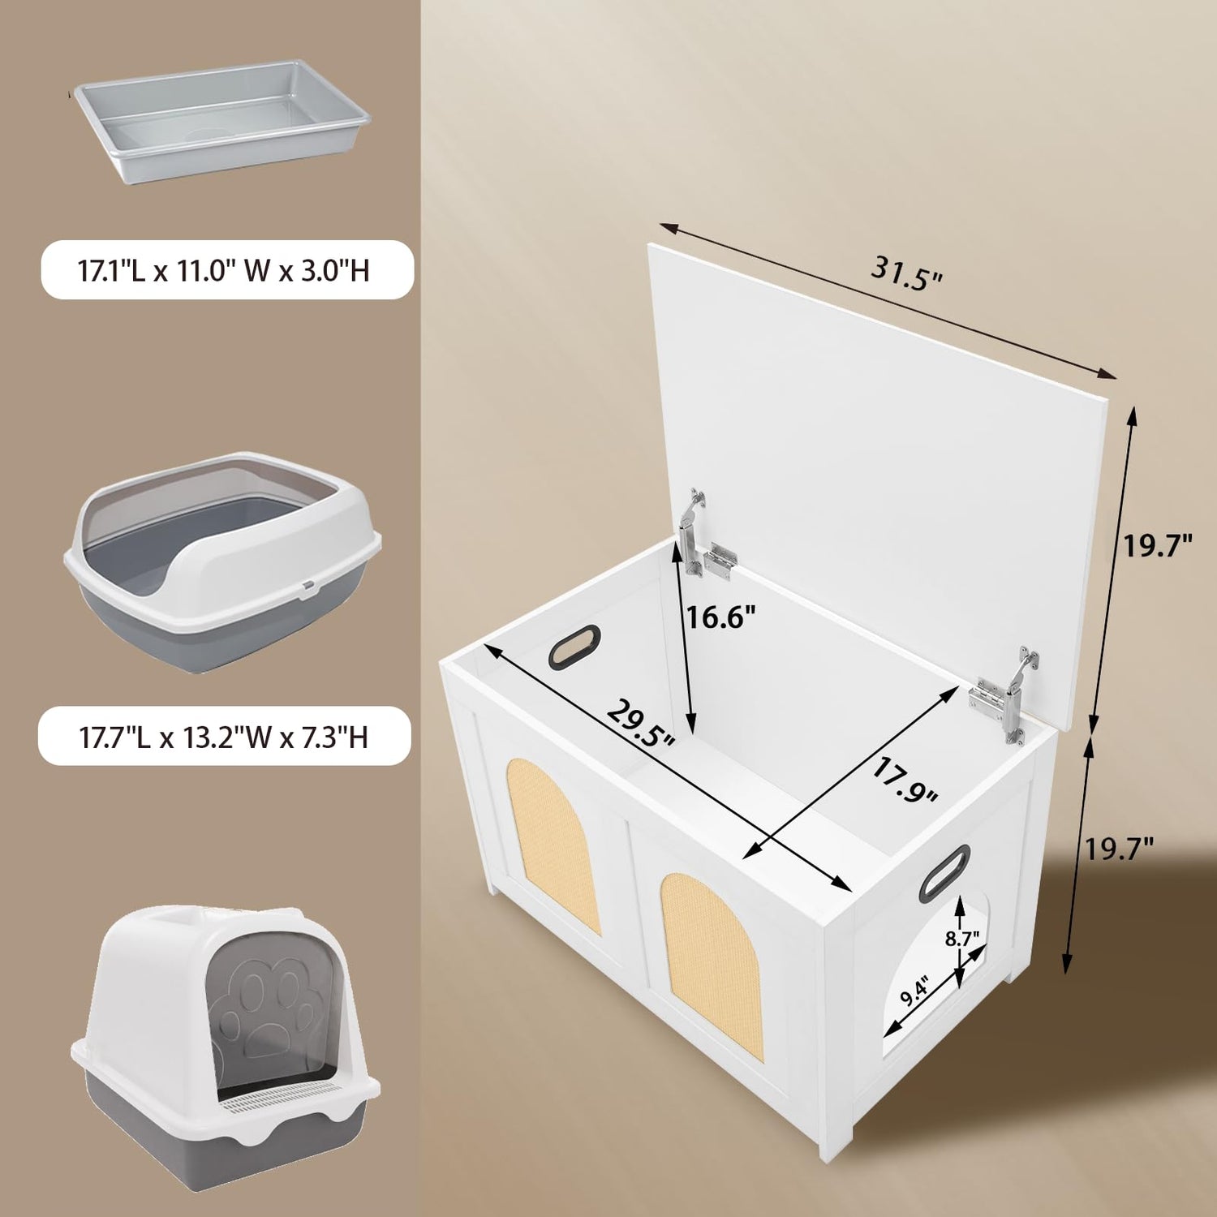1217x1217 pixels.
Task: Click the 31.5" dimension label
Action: (x=907, y=273)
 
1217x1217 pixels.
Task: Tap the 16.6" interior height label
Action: (x=720, y=617)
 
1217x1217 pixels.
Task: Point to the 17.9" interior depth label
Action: (x=905, y=780)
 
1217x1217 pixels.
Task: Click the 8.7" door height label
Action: (x=962, y=939)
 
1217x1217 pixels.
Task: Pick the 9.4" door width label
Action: (x=914, y=991)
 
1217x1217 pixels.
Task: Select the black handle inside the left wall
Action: (x=574, y=647)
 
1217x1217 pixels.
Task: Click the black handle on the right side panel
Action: (x=944, y=873)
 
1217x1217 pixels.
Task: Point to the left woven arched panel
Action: (x=553, y=845)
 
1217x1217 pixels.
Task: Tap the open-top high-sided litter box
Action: (x=222, y=560)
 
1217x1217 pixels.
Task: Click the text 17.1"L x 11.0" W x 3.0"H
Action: (x=223, y=270)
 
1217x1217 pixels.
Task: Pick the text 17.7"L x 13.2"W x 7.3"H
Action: (x=223, y=737)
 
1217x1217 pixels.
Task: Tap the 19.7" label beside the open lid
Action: (x=1157, y=546)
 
